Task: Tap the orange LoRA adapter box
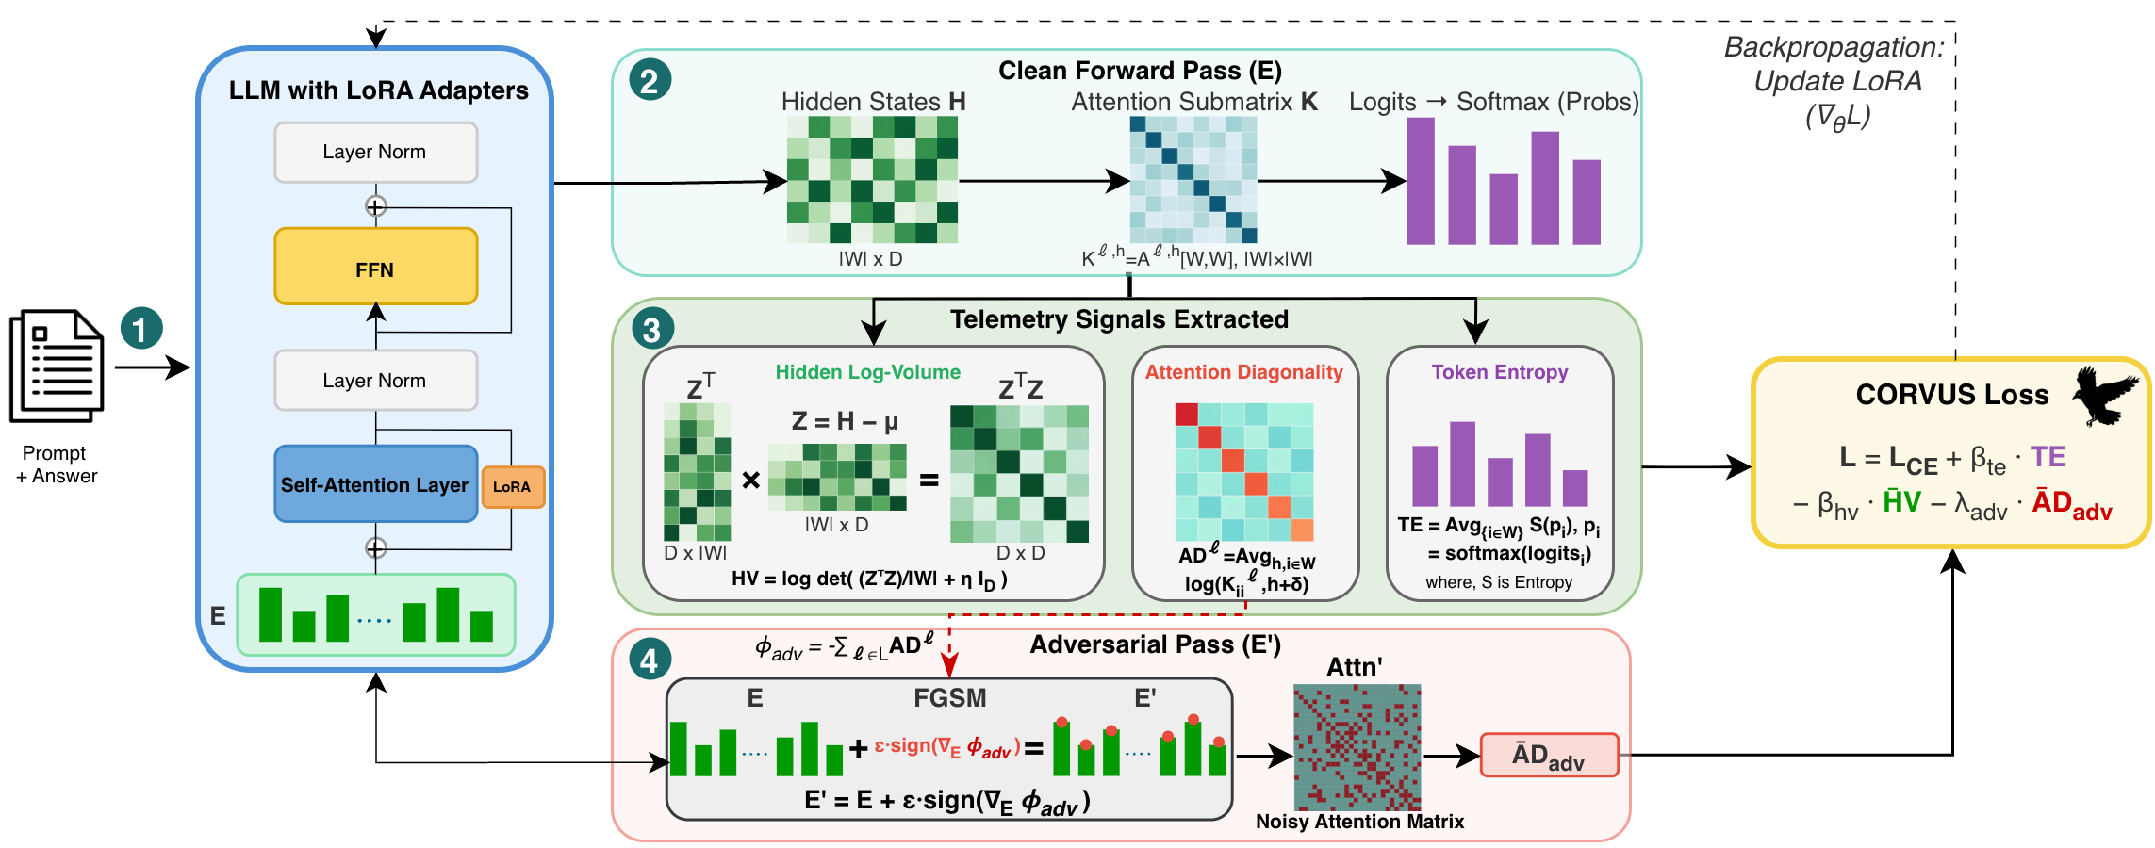513,487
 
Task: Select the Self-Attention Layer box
375,484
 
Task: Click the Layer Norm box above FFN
375,152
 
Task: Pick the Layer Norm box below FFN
375,380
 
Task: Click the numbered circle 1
141,330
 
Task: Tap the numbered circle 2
650,80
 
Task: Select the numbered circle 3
651,330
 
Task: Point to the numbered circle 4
650,660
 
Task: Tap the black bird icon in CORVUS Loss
2104,396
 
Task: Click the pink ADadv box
1549,756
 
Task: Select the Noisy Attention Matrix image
1357,747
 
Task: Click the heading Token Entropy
1499,372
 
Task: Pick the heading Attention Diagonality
1243,372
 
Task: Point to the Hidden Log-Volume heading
867,372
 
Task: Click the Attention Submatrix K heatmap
1193,179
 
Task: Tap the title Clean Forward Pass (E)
1140,71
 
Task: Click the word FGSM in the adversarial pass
949,698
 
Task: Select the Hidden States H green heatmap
872,179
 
